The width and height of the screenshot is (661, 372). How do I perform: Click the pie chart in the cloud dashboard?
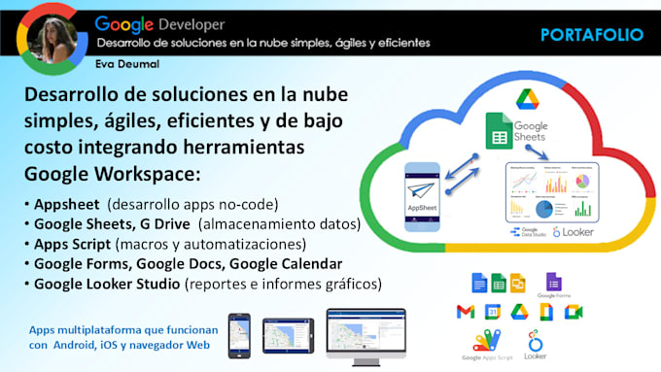click(544, 210)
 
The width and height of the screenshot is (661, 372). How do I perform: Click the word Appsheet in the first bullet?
click(68, 206)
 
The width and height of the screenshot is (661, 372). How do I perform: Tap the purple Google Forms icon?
click(553, 283)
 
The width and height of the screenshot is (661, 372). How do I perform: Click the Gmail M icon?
click(465, 312)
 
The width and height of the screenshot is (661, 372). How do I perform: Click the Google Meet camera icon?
click(574, 312)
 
